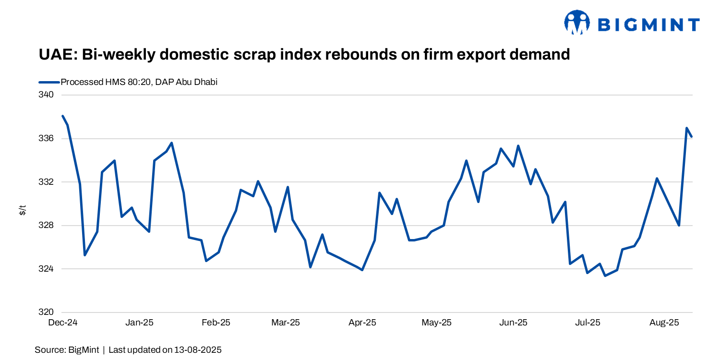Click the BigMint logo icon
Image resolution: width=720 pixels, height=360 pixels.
577,23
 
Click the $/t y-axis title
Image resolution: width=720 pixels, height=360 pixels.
23,209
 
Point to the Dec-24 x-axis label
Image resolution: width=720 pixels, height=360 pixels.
63,323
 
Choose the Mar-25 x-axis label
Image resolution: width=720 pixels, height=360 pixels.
286,323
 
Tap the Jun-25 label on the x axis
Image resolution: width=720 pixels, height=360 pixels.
514,323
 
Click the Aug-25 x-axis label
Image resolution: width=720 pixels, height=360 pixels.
664,323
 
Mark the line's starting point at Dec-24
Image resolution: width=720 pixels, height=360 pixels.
63,116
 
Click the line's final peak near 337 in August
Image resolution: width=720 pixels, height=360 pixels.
687,128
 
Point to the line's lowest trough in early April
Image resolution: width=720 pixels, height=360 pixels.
362,270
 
